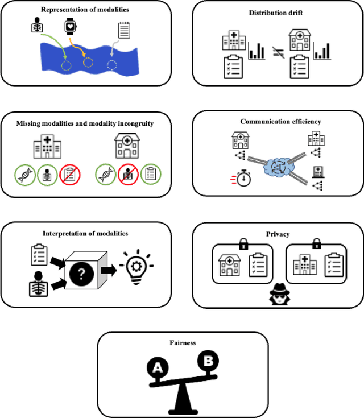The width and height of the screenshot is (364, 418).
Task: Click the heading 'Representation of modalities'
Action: pyautogui.click(x=85, y=10)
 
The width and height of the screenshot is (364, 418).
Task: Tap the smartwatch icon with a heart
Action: pyautogui.click(x=70, y=27)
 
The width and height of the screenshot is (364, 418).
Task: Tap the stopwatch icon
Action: pyautogui.click(x=243, y=179)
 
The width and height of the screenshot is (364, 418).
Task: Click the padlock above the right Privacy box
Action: pyautogui.click(x=317, y=243)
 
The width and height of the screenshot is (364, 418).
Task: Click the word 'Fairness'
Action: pyautogui.click(x=183, y=343)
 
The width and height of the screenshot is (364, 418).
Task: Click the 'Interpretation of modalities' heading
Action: pyautogui.click(x=85, y=234)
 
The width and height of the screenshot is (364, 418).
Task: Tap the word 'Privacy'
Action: pyautogui.click(x=278, y=233)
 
